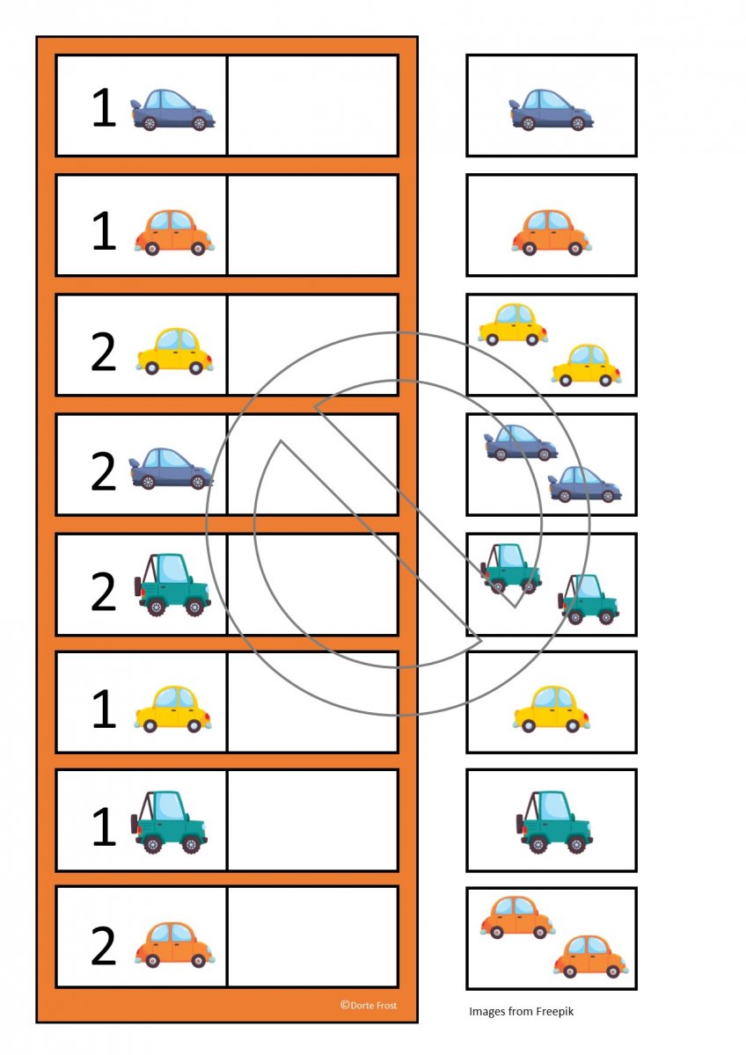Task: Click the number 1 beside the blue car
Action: coord(104,108)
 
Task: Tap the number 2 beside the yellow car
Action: coord(103,352)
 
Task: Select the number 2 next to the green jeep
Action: coord(103,591)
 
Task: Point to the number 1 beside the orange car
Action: coord(104,230)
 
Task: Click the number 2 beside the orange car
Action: coord(103,946)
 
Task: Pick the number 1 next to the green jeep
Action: coord(104,826)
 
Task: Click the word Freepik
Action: coord(554,1011)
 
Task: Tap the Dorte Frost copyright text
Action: coord(369,1005)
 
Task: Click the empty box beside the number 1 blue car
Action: coord(313,105)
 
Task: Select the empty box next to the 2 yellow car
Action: coord(313,345)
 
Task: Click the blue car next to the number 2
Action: coord(171,469)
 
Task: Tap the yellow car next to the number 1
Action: coord(173,709)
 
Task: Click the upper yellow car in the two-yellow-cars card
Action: coord(513,324)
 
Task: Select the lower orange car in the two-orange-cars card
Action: coord(590,957)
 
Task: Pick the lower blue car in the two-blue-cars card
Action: coord(584,484)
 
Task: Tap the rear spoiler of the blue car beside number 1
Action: coord(136,105)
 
